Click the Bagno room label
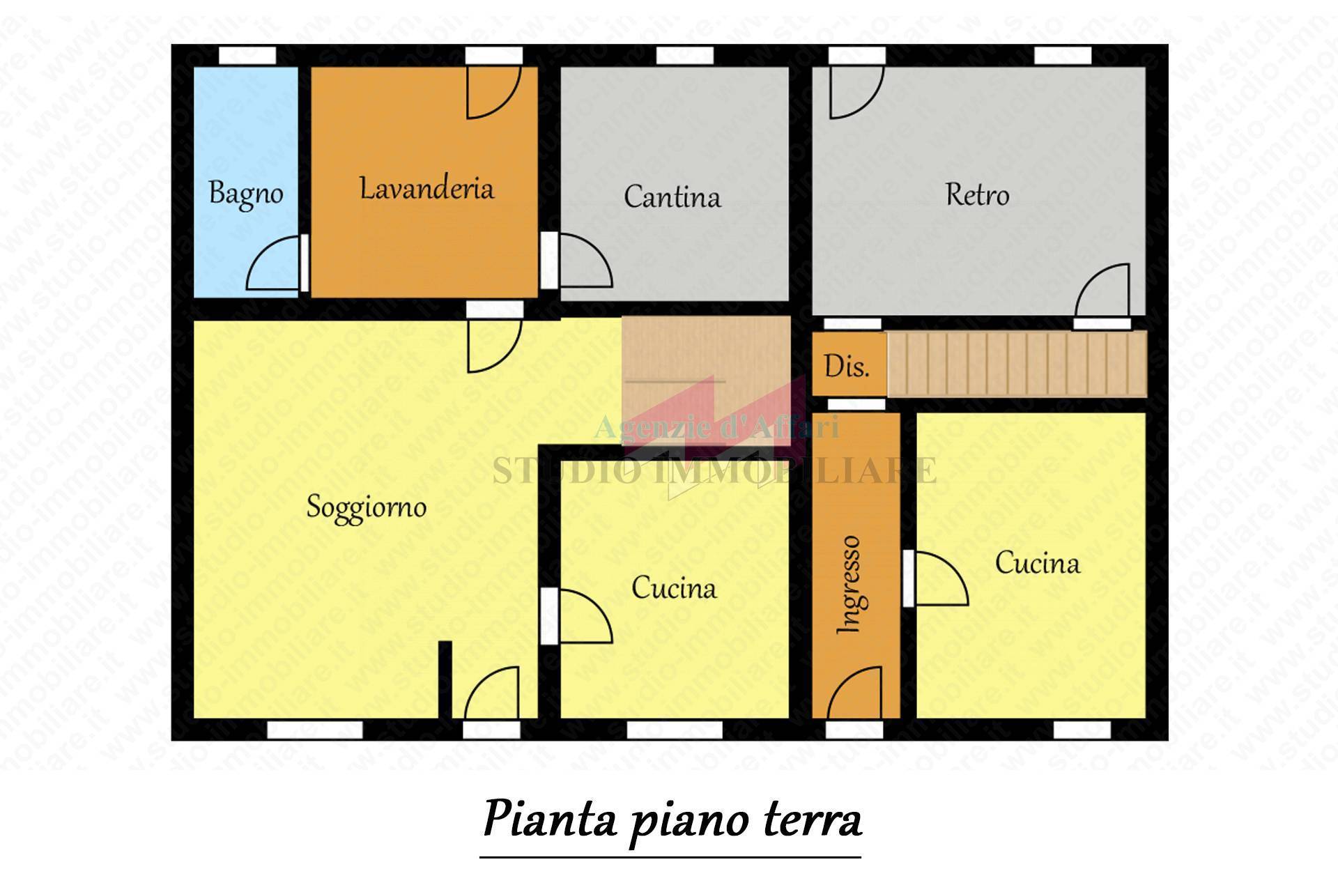(x=246, y=194)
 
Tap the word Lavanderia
(x=426, y=189)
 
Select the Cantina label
(x=672, y=197)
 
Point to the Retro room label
(x=977, y=194)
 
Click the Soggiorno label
(x=367, y=507)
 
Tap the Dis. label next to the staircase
(x=847, y=366)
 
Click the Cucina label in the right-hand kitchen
(x=1037, y=563)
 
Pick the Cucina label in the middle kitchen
(x=673, y=588)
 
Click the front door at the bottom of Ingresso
(x=854, y=693)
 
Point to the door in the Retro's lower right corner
(x=1103, y=292)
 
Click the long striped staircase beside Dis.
(x=1017, y=364)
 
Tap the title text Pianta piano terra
(x=672, y=820)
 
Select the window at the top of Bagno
(x=247, y=55)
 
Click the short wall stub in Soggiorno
(x=445, y=679)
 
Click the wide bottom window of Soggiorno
(x=315, y=730)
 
